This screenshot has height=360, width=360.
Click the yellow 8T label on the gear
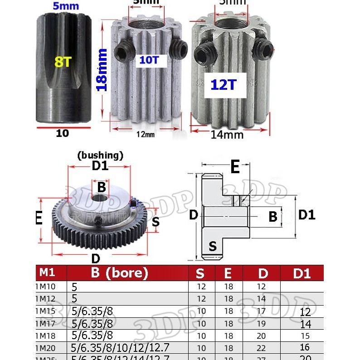[x=63, y=62]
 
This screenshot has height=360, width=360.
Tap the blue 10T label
[x=149, y=60]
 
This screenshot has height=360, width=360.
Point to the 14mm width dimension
[x=227, y=135]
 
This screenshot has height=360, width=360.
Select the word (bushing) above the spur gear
[x=100, y=156]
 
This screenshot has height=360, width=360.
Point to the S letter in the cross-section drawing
[x=213, y=246]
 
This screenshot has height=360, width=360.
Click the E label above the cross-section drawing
[x=234, y=167]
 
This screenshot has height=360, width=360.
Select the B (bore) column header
[x=119, y=273]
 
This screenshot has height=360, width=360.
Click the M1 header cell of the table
[x=47, y=272]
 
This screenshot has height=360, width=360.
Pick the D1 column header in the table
[x=302, y=273]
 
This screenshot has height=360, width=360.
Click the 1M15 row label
[x=45, y=311]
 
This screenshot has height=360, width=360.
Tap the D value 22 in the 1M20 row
[x=261, y=348]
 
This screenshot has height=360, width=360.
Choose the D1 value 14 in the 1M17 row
[x=306, y=324]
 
